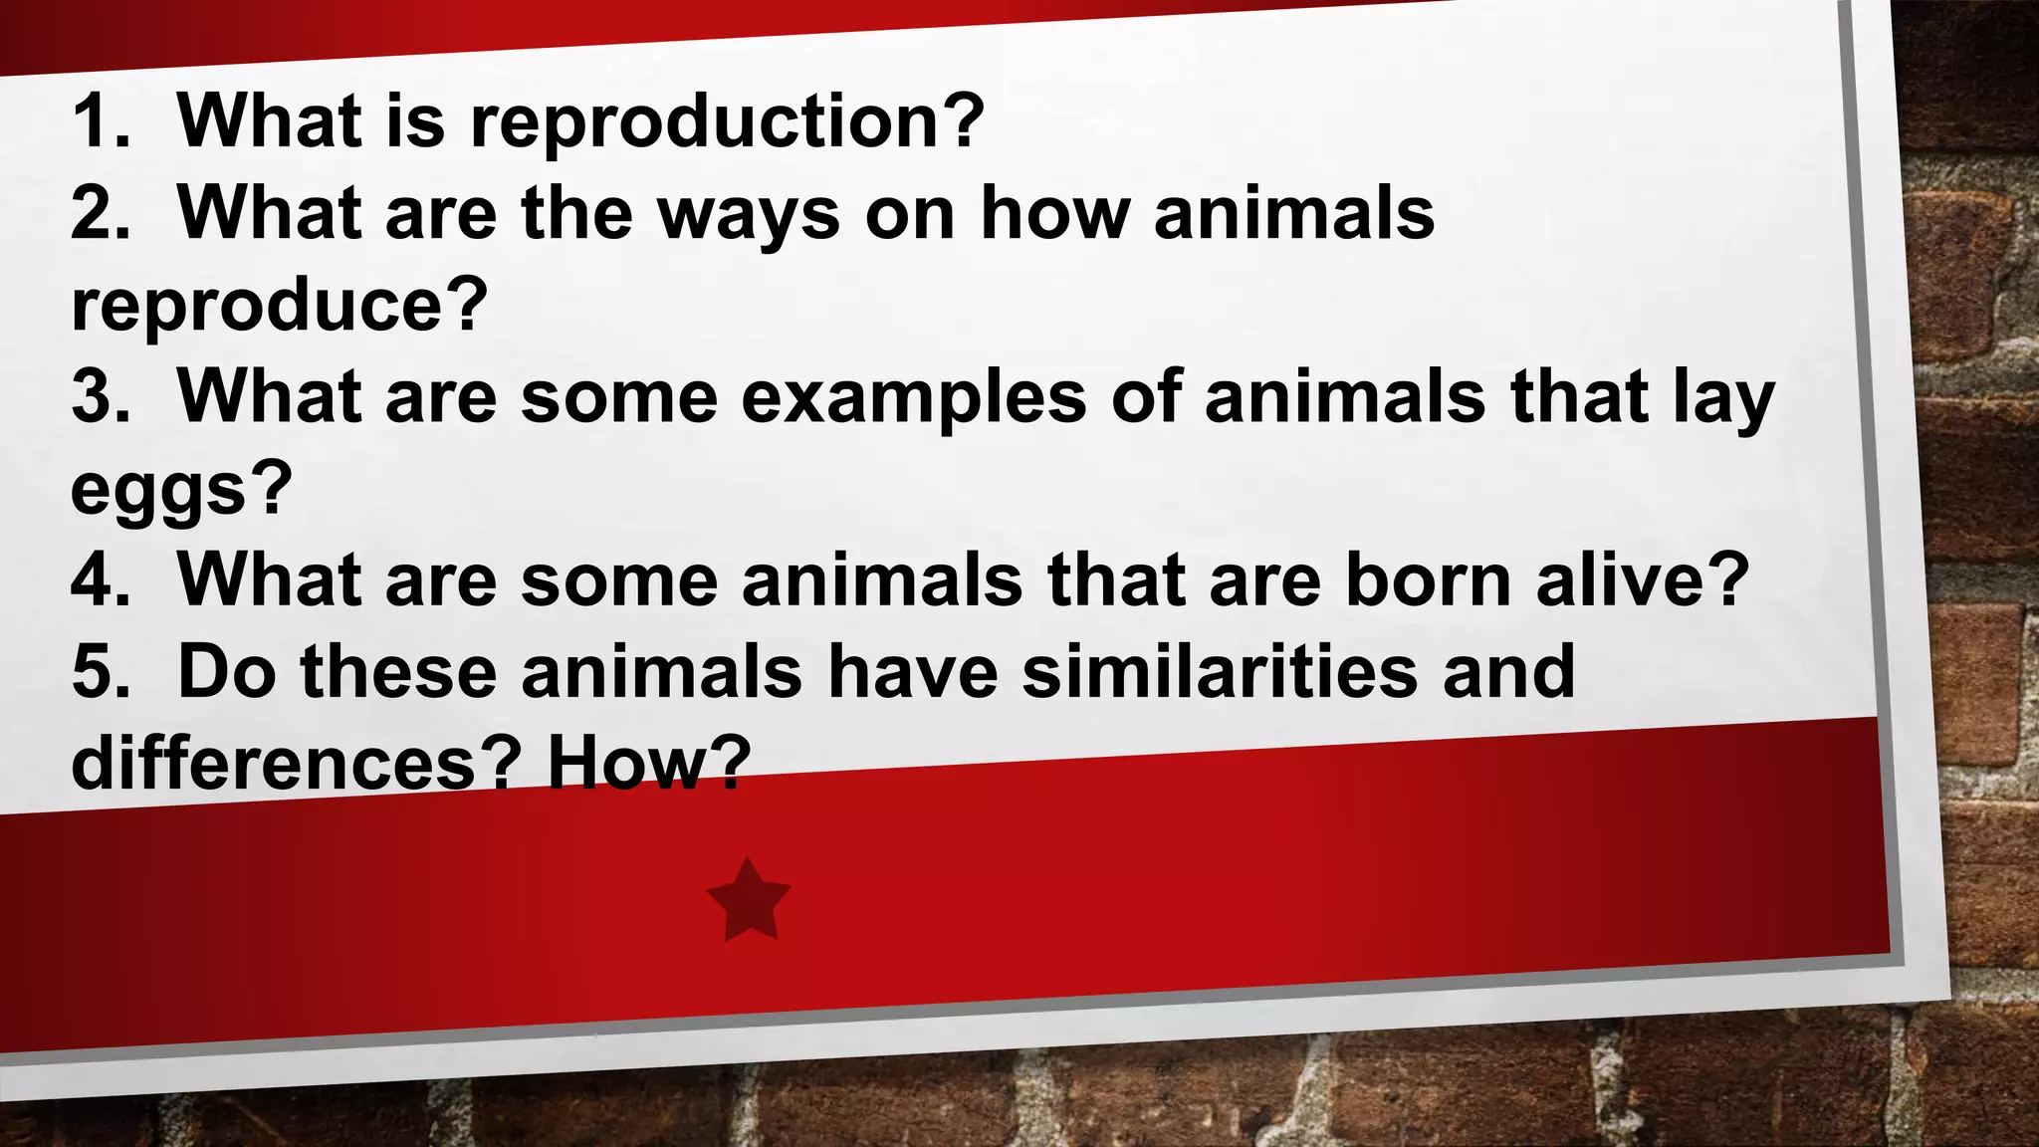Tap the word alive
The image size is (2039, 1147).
[x=1642, y=579]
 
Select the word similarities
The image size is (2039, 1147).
[x=1220, y=671]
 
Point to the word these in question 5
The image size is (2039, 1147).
[x=398, y=671]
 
